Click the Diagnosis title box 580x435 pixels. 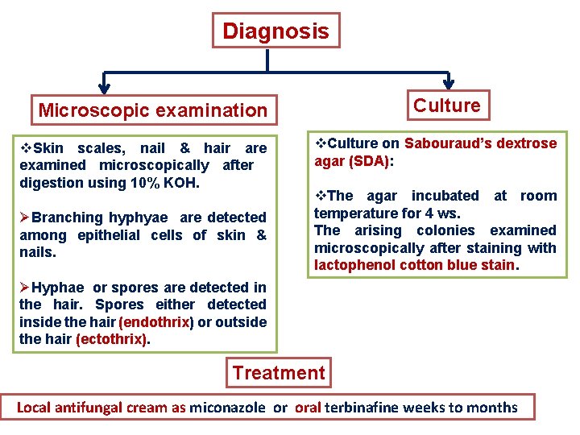pyautogui.click(x=275, y=31)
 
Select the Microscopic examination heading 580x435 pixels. pyautogui.click(x=152, y=110)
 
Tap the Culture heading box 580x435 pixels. pyautogui.click(x=447, y=105)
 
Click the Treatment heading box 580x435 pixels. pyautogui.click(x=279, y=373)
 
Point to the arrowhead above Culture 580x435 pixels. pyautogui.click(x=448, y=84)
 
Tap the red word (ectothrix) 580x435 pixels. pyautogui.click(x=112, y=340)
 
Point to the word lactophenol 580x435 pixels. pyautogui.click(x=349, y=266)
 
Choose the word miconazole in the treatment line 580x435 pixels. pyautogui.click(x=227, y=408)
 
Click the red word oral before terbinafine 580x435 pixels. pyautogui.click(x=308, y=408)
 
